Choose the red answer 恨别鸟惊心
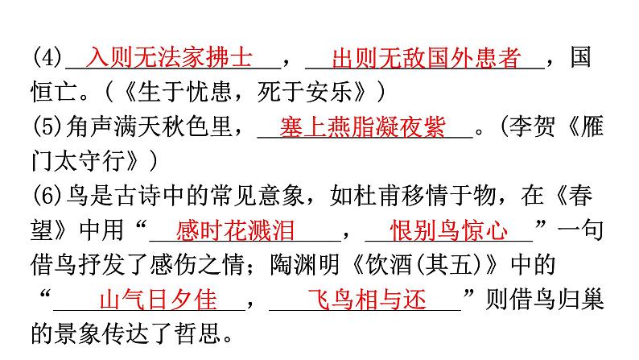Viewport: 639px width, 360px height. coord(448,231)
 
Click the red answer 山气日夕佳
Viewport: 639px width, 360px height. coord(157,300)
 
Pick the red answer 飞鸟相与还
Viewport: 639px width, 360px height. coord(366,300)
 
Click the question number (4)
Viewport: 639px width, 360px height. coord(47,59)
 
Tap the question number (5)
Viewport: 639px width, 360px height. coord(47,128)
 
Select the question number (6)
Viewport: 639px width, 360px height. coord(47,197)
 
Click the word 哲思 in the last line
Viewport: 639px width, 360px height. coord(206,335)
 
